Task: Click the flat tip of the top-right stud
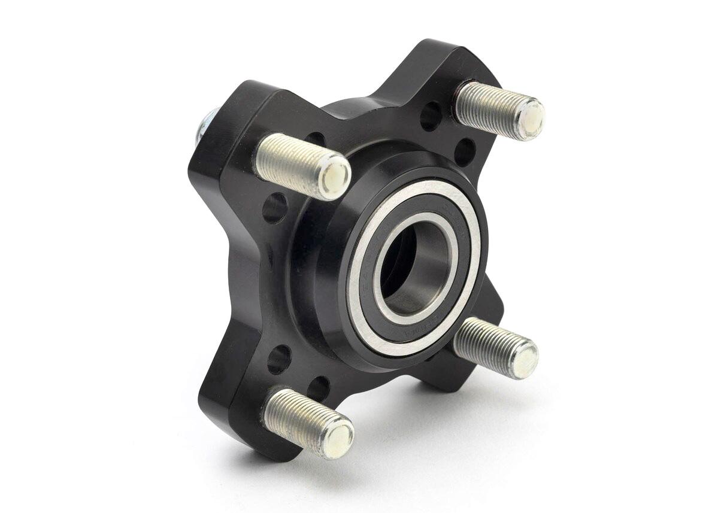[529, 119]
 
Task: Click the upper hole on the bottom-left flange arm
[279, 359]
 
